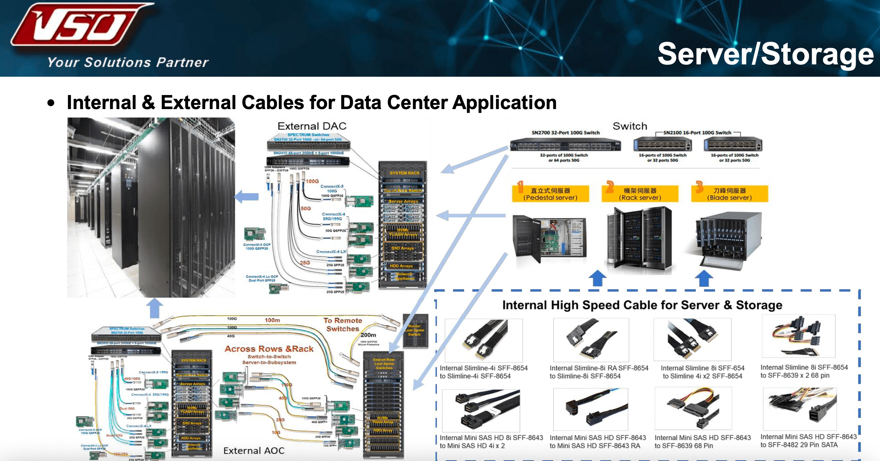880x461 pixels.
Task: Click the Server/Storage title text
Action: pos(765,54)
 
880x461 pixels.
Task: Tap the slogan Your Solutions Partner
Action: pos(128,62)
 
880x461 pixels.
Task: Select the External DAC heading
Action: pos(312,126)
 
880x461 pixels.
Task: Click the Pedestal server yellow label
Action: pos(550,193)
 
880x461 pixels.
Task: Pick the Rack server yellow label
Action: pos(640,193)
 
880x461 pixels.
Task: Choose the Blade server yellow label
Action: pos(729,193)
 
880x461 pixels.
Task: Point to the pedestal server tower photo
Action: pos(549,239)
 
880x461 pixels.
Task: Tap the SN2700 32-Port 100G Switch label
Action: pos(565,132)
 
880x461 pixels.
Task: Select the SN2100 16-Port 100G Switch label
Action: pos(697,132)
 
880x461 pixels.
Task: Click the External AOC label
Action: pos(254,450)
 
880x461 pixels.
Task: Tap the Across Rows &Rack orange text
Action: pos(269,349)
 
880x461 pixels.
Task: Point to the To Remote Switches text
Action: pos(343,325)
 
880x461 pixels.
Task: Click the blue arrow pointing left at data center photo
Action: pos(247,196)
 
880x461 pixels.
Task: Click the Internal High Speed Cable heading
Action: pos(642,305)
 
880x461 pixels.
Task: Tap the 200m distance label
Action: pos(368,335)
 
